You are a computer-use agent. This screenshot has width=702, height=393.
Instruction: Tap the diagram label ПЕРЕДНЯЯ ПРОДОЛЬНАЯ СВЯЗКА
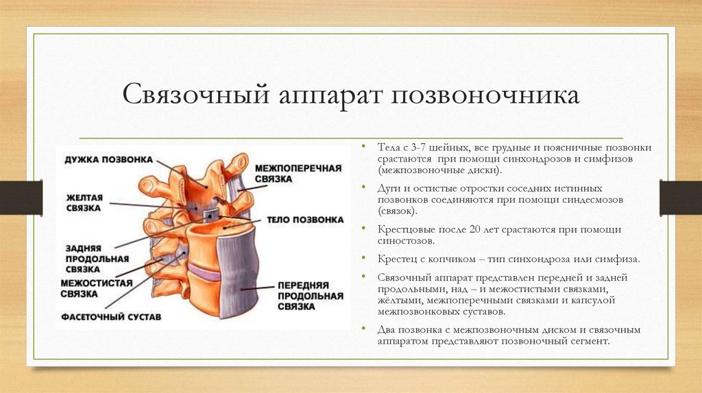(310, 296)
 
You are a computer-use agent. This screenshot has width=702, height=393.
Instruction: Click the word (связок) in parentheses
(397, 212)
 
